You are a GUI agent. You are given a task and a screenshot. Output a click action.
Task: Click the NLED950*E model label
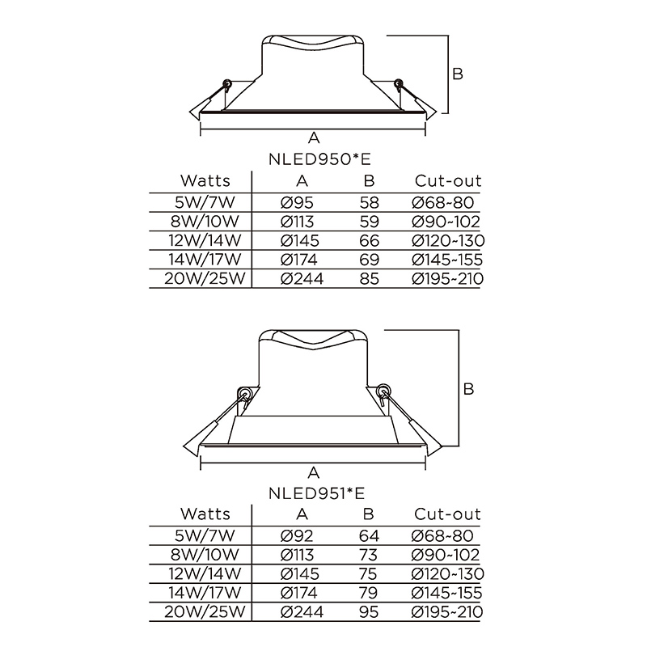pos(319,159)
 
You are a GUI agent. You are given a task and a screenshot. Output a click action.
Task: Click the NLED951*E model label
pos(317,493)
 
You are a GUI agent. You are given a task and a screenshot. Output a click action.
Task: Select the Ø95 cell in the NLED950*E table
pos(297,203)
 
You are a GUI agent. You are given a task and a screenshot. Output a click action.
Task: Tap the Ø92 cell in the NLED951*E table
pos(297,535)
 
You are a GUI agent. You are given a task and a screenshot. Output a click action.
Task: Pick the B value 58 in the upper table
pos(369,203)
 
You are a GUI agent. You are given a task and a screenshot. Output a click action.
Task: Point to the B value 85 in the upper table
pos(369,278)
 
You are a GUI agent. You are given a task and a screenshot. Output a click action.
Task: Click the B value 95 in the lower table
pos(369,611)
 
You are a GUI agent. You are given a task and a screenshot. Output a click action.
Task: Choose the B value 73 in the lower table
pos(369,555)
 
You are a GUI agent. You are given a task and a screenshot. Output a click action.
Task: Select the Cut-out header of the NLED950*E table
pos(448,180)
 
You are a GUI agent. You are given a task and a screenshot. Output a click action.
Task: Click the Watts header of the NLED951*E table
pos(205,514)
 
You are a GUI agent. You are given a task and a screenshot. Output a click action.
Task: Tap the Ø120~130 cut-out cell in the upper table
pos(448,240)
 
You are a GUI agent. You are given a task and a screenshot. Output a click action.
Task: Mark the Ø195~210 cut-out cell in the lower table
pos(447,611)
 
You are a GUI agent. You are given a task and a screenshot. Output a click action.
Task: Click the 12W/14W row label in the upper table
pos(205,240)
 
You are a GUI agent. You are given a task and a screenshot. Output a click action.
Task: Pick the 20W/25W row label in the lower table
pos(205,611)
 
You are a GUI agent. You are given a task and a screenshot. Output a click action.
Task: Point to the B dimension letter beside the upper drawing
pos(458,74)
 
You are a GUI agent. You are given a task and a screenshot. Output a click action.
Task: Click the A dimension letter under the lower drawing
pos(314,472)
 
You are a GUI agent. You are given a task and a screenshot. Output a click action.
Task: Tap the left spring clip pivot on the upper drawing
pos(227,84)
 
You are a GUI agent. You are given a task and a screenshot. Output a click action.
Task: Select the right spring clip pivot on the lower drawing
pos(383,390)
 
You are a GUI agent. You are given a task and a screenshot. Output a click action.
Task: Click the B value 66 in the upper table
pos(369,240)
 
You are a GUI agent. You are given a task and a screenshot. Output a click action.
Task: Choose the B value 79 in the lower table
pos(369,593)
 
